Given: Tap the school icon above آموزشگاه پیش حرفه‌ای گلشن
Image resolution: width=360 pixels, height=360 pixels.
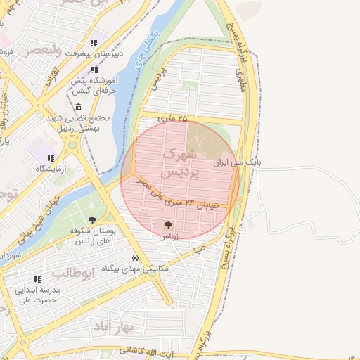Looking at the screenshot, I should click(94, 70).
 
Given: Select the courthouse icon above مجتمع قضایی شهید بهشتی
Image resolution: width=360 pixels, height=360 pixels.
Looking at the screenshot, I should click(75, 105).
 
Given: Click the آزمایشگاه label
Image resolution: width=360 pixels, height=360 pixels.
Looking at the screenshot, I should click(51, 169).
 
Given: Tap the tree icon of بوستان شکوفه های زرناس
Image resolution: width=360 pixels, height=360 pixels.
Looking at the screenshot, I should click(93, 220).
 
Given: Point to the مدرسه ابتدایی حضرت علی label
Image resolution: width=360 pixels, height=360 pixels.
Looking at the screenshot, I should click(39, 294).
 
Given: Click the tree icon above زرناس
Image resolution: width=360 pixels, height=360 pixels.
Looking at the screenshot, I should click(168, 225).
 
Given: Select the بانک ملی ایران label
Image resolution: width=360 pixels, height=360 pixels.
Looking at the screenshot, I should click(238, 162).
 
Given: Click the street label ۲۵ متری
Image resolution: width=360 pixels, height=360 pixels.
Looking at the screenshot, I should click(173, 119).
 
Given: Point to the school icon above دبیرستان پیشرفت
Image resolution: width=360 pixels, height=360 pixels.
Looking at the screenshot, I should click(94, 42).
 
